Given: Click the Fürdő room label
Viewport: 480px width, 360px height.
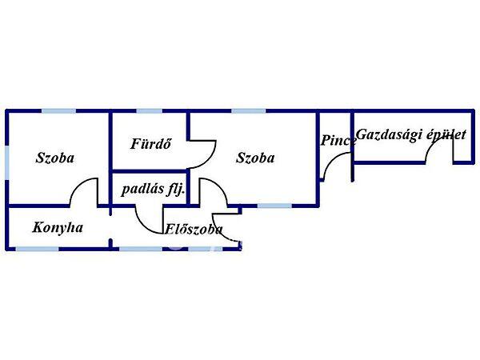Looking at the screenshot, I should (148, 145).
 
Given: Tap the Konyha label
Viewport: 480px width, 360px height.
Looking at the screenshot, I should (58, 227).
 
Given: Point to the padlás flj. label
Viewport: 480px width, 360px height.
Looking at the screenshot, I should (153, 190).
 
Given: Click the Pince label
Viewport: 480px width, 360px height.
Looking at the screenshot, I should (338, 141).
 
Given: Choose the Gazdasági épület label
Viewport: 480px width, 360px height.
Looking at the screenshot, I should (410, 134).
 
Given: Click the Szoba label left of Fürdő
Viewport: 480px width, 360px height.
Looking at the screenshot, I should (55, 158).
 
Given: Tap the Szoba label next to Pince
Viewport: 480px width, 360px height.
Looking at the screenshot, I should (255, 158).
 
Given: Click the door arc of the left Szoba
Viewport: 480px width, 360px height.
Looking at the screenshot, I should (82, 192).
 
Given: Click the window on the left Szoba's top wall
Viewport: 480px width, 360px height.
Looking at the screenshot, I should (57, 111).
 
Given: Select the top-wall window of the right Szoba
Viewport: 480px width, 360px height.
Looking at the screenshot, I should (243, 111).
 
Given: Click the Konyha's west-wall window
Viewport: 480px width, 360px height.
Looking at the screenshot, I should (7, 228).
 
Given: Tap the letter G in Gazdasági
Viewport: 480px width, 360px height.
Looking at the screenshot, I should (361, 134).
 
